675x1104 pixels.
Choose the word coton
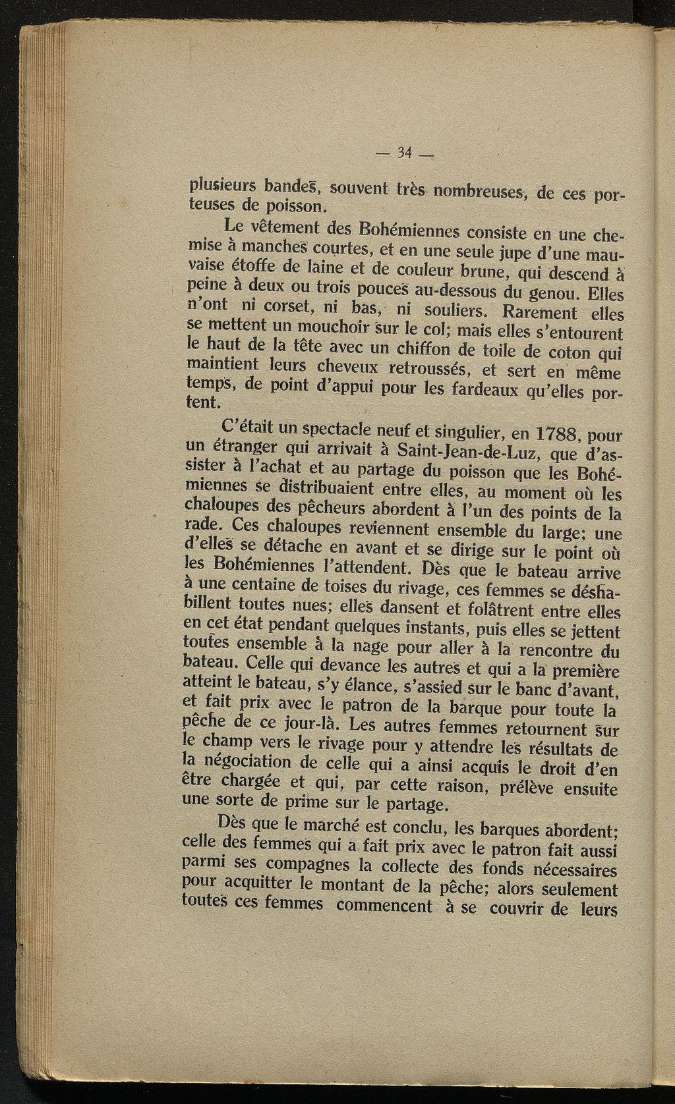click(x=569, y=353)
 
